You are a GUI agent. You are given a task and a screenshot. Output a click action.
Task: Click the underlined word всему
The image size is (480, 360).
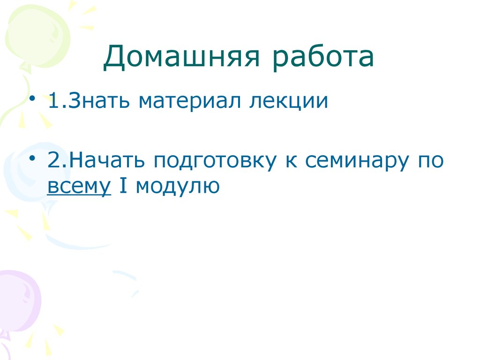click(x=79, y=187)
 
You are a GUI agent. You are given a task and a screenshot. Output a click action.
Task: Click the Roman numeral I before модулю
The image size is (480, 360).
click(x=123, y=187)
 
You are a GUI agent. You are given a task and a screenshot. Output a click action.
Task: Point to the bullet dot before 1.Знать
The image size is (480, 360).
click(x=32, y=100)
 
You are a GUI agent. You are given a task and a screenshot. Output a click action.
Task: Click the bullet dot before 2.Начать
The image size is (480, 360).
click(x=32, y=160)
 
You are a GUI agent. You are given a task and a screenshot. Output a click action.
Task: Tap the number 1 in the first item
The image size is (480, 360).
click(x=52, y=101)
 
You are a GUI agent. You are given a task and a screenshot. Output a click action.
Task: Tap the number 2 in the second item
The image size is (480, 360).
click(x=53, y=161)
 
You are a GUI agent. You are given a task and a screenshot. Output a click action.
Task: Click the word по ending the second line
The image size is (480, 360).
click(x=430, y=162)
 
